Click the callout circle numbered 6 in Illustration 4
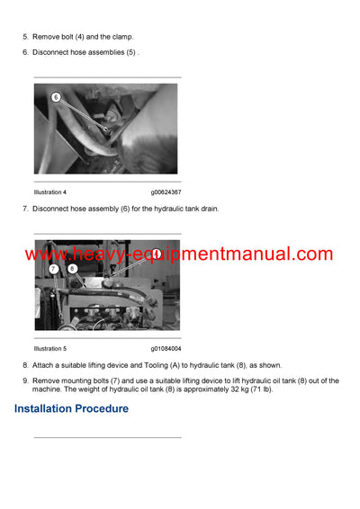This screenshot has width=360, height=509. (x=56, y=96)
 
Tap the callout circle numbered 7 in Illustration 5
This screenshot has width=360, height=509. (x=54, y=269)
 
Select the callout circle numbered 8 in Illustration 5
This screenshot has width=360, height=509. (x=69, y=269)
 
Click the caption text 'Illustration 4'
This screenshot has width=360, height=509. (x=50, y=192)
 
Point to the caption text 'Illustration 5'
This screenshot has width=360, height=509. (x=50, y=348)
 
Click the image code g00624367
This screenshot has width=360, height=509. (x=166, y=192)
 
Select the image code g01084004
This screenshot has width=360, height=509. (x=166, y=348)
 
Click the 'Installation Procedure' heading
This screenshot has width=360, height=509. (x=71, y=408)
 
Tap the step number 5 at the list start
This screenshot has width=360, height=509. (x=25, y=37)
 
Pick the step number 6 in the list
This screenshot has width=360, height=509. (x=25, y=52)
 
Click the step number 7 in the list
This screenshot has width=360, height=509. (x=25, y=209)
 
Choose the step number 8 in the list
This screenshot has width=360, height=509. (x=25, y=365)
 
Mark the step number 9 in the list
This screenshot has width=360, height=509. (x=25, y=380)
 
